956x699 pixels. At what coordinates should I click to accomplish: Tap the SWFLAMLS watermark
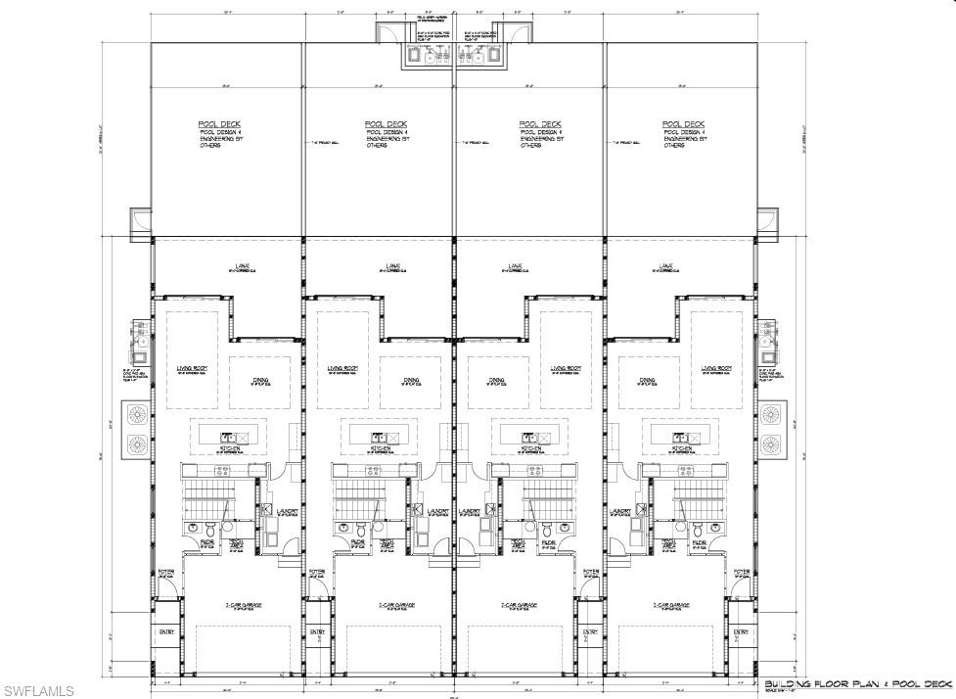pyautogui.click(x=38, y=691)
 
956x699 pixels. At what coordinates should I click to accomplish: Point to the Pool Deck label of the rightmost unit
pyautogui.click(x=683, y=124)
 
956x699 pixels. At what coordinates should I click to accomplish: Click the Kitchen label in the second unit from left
pyautogui.click(x=380, y=448)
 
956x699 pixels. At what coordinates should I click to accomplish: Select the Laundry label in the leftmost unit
pyautogui.click(x=287, y=511)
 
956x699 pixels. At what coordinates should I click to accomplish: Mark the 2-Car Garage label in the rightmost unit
pyautogui.click(x=671, y=605)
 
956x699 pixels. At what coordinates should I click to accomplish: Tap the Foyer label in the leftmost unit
pyautogui.click(x=165, y=572)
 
